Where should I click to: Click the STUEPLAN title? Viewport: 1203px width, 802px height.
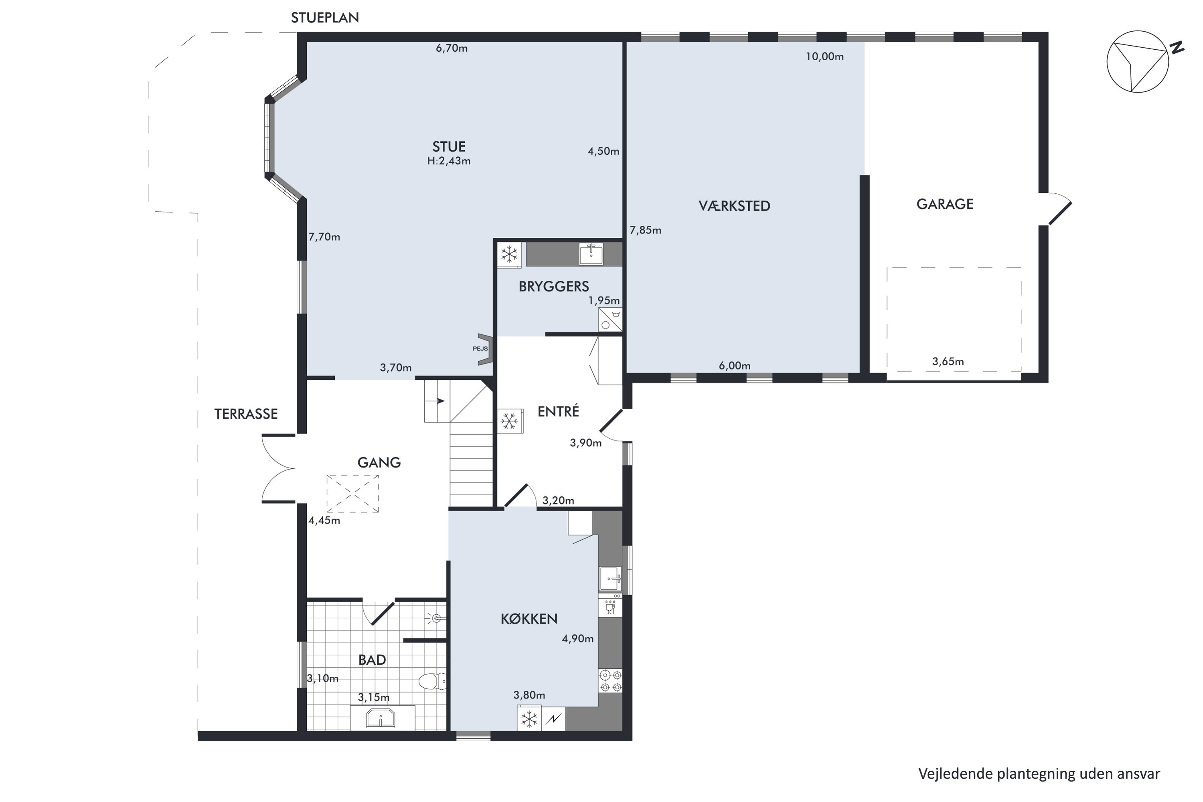coord(325,18)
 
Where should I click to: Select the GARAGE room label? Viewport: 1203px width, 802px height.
coord(945,204)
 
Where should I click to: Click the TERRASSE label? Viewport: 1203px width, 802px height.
coord(246,414)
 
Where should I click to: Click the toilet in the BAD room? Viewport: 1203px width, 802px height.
coord(433,681)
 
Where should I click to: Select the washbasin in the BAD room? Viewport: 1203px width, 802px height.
coord(381,718)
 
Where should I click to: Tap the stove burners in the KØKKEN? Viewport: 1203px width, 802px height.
coord(611,681)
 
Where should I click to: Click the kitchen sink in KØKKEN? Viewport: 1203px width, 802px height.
coord(611,579)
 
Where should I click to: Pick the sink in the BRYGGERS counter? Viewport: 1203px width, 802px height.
coord(591,254)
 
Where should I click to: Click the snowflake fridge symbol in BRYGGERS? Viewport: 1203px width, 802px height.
coord(509,254)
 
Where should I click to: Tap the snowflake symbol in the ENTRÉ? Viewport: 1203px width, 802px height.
coord(509,421)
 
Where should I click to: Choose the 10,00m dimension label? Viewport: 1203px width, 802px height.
coord(824,57)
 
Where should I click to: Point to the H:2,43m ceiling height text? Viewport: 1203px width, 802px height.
coord(449,161)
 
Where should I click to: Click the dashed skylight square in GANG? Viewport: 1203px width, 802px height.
coord(352,494)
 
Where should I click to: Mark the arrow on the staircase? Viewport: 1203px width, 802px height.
coord(438,401)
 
